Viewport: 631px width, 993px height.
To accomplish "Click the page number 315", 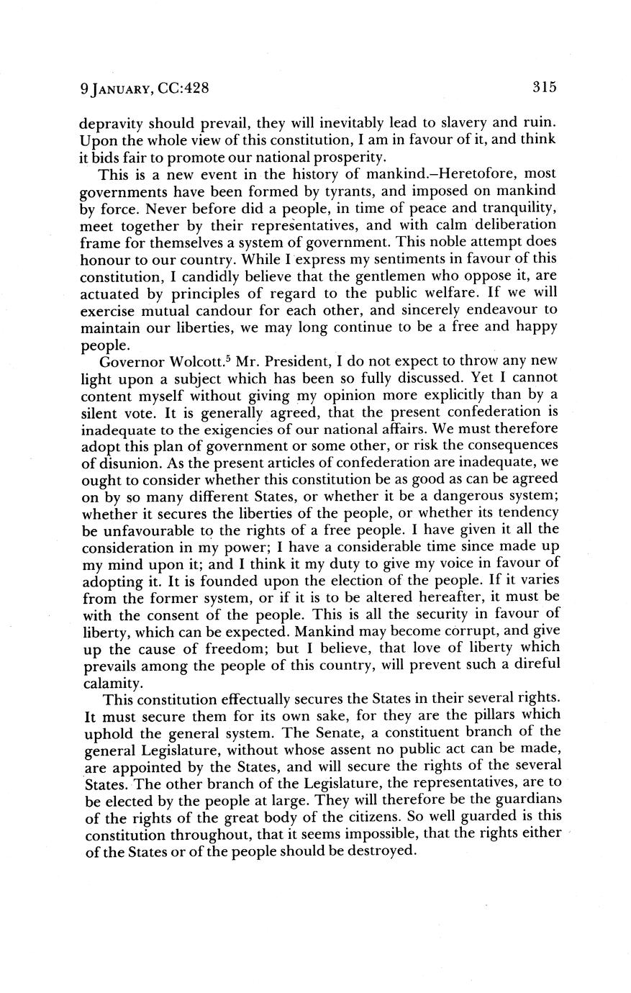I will coord(545,88).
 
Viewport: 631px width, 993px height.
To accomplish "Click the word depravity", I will coord(109,124).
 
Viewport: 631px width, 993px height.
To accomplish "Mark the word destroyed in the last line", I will coord(380,851).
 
